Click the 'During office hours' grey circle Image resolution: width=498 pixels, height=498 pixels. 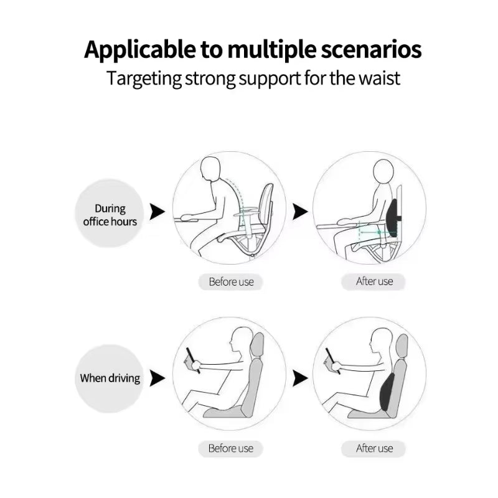110,214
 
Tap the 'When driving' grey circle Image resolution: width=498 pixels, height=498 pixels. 110,378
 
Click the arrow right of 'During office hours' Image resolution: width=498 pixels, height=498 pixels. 157,212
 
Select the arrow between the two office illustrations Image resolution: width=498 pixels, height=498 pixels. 300,212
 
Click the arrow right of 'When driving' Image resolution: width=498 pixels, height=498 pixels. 157,378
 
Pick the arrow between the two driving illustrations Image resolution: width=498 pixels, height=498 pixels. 300,378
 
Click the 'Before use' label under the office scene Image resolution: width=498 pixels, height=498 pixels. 231,281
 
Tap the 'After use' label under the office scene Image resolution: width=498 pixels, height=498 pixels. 374,281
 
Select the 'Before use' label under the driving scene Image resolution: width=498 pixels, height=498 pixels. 231,448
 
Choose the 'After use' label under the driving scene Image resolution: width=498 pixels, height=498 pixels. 374,448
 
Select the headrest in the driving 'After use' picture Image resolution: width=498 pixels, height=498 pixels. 402,346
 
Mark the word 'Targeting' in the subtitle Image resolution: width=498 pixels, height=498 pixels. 144,79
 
